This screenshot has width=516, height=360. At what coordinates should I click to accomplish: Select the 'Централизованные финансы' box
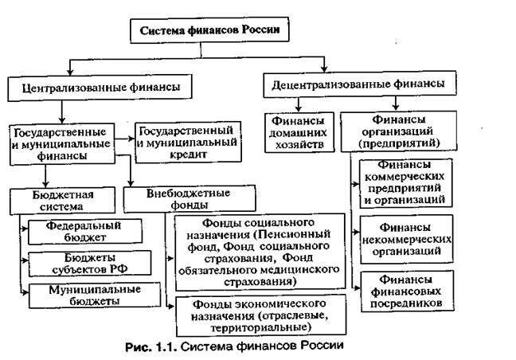[94, 85]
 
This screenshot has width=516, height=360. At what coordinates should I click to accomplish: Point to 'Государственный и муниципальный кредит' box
[188, 140]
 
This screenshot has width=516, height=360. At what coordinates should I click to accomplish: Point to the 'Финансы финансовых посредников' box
[406, 292]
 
